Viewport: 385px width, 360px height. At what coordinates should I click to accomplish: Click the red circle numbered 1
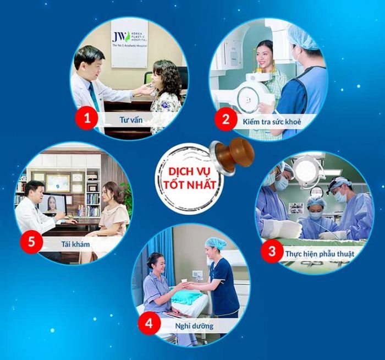coord(87,119)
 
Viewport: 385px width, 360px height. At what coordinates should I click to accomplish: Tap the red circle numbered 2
coord(226,119)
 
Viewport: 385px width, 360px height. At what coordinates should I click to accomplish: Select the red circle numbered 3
coord(272,252)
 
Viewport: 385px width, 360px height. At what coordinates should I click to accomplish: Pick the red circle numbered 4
coord(149,324)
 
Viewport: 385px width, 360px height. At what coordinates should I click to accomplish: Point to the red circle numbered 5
coord(32,242)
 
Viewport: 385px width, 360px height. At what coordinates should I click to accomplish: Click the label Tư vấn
coord(131,120)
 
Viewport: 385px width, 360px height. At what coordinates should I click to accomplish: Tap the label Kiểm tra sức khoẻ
coord(272,122)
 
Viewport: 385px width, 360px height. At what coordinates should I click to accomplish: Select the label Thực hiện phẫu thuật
coord(320,253)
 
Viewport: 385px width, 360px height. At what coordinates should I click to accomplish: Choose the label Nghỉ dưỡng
coord(194,326)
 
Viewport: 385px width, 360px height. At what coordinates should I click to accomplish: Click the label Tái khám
coord(75,244)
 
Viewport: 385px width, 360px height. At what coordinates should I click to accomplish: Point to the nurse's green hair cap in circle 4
coord(216,243)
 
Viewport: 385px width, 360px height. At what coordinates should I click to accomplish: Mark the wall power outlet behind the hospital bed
coord(197,274)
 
